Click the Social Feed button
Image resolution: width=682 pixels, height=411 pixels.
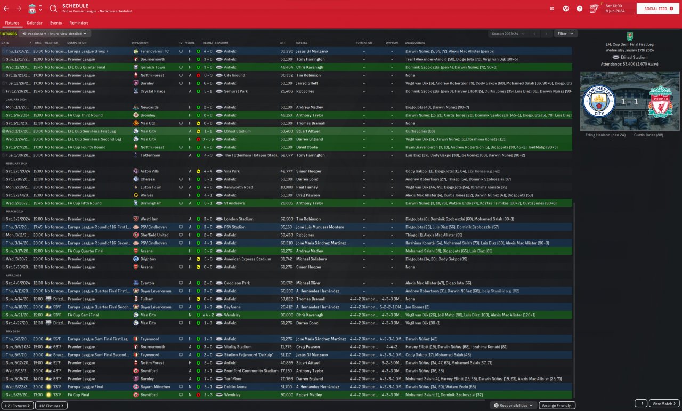657,9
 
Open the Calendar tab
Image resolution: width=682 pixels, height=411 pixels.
35,23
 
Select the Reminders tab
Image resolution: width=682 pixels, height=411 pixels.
79,23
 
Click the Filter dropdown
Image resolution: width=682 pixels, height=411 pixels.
565,34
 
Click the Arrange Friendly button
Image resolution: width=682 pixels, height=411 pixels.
557,406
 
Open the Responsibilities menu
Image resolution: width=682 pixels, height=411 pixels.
514,406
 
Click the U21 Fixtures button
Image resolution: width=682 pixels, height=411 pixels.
17,406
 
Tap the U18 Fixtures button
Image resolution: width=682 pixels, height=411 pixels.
52,406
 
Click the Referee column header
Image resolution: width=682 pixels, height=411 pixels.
302,43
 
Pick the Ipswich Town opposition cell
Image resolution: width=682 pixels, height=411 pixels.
152,67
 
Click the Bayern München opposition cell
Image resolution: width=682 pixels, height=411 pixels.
155,387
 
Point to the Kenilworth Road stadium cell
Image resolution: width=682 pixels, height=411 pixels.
238,187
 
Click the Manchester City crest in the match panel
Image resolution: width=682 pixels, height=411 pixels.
599,101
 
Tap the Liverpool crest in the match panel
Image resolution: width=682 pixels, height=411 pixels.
661,101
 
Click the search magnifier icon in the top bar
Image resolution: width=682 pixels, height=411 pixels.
53,9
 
